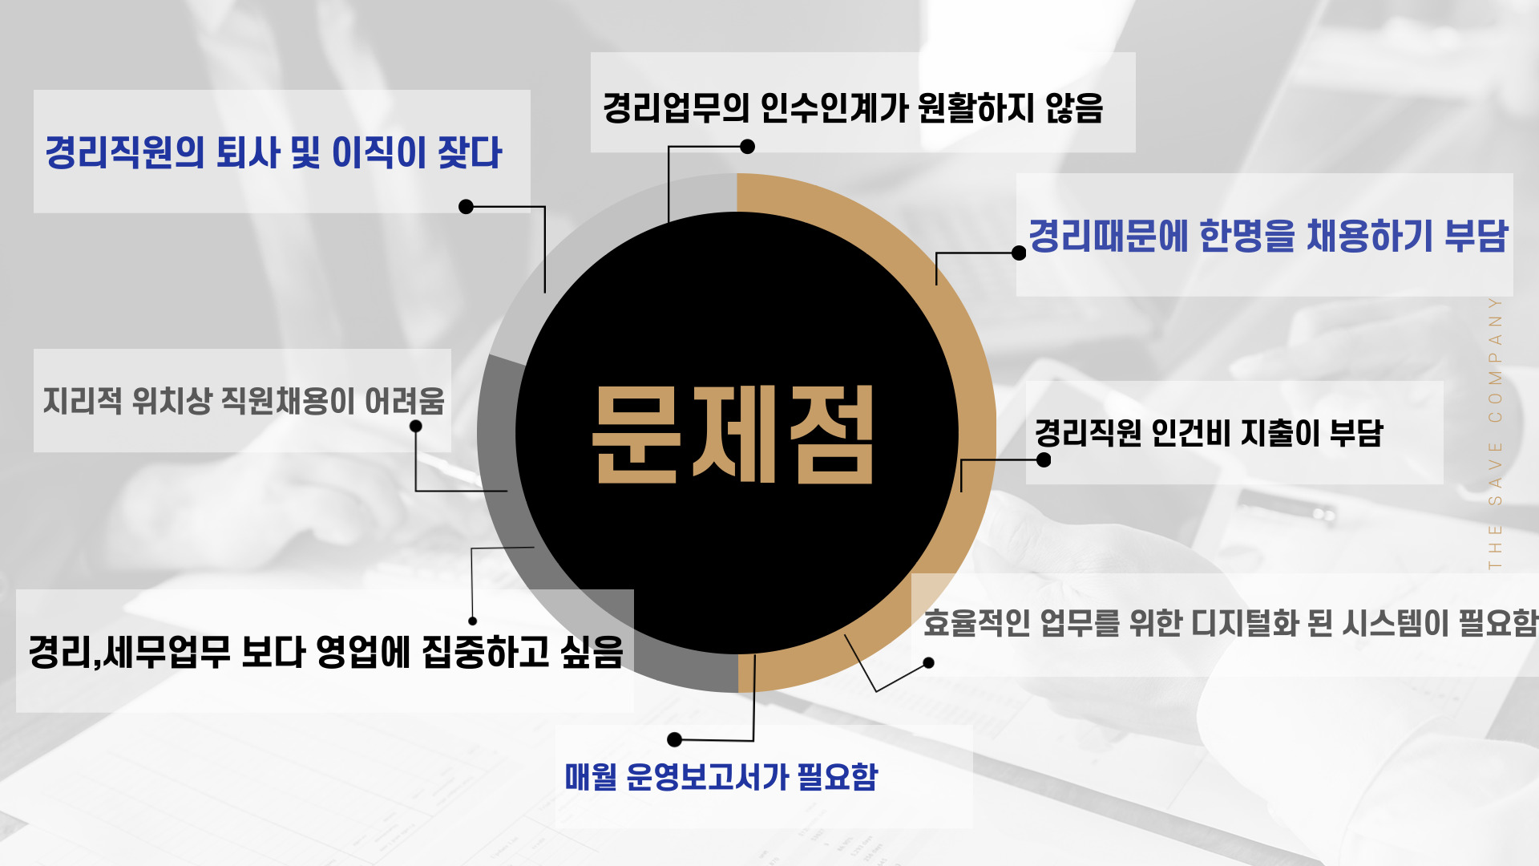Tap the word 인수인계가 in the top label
(833, 107)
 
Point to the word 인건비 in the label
(1190, 433)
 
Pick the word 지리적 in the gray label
(83, 400)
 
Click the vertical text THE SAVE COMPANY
(1495, 433)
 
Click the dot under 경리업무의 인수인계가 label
(747, 147)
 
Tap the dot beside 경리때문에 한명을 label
(1019, 253)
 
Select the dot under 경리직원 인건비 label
(1044, 460)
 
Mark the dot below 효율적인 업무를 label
(928, 663)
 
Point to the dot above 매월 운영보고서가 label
(675, 739)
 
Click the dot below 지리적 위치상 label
(415, 427)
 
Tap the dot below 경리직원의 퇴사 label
(466, 207)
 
